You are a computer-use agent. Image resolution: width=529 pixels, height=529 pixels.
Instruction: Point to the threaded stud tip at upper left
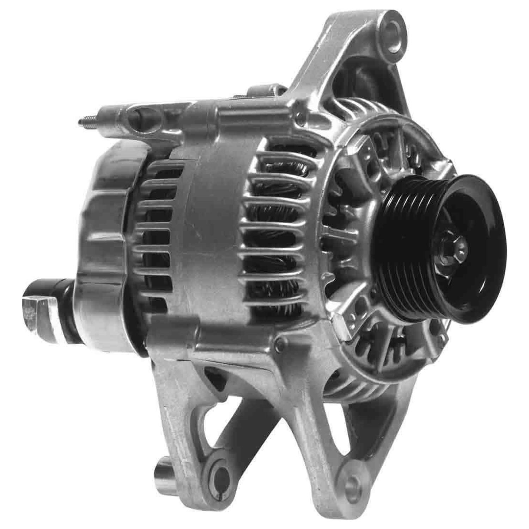click(81, 122)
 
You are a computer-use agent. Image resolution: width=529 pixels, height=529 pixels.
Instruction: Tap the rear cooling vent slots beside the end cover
click(159, 229)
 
